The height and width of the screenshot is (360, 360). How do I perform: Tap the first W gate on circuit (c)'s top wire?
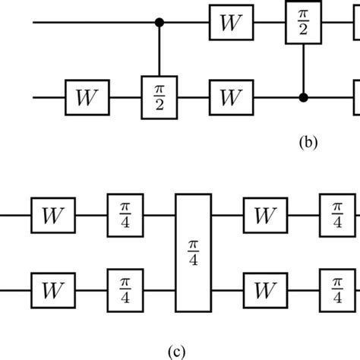pos(52,215)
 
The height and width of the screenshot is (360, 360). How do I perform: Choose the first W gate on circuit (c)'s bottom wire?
pos(52,289)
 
